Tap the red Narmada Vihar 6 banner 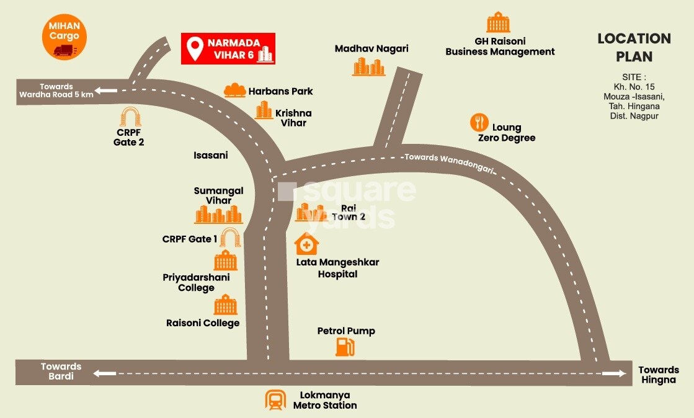click(x=228, y=48)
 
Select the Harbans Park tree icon click(x=235, y=91)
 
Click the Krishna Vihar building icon click(x=264, y=111)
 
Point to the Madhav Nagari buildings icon click(x=369, y=66)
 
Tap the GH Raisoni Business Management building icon click(x=498, y=22)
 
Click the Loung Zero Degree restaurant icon click(x=479, y=122)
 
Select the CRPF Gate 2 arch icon click(x=130, y=118)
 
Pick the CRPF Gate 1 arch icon click(x=231, y=238)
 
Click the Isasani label click(x=211, y=156)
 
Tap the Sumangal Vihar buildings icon click(x=218, y=215)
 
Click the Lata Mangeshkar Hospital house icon click(x=306, y=244)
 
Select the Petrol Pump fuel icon click(x=345, y=347)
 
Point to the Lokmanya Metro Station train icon click(x=275, y=400)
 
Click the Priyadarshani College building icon click(x=225, y=261)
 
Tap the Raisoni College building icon click(x=225, y=305)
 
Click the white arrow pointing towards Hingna click(x=613, y=373)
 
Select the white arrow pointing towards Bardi click(x=105, y=373)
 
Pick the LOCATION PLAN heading click(x=634, y=47)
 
